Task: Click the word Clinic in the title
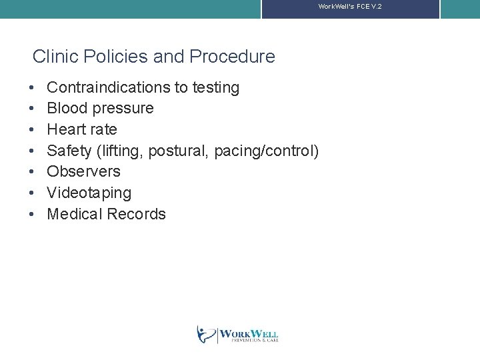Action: pos(52,57)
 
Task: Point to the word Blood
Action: pos(67,108)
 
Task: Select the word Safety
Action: pos(69,151)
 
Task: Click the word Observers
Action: pos(84,171)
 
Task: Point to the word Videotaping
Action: pos(89,193)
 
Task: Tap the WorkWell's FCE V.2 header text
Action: pos(350,6)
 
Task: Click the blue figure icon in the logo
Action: pos(205,334)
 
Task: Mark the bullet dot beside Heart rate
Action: pos(33,130)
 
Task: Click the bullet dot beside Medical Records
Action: pos(33,215)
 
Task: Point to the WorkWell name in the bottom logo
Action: pos(248,333)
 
